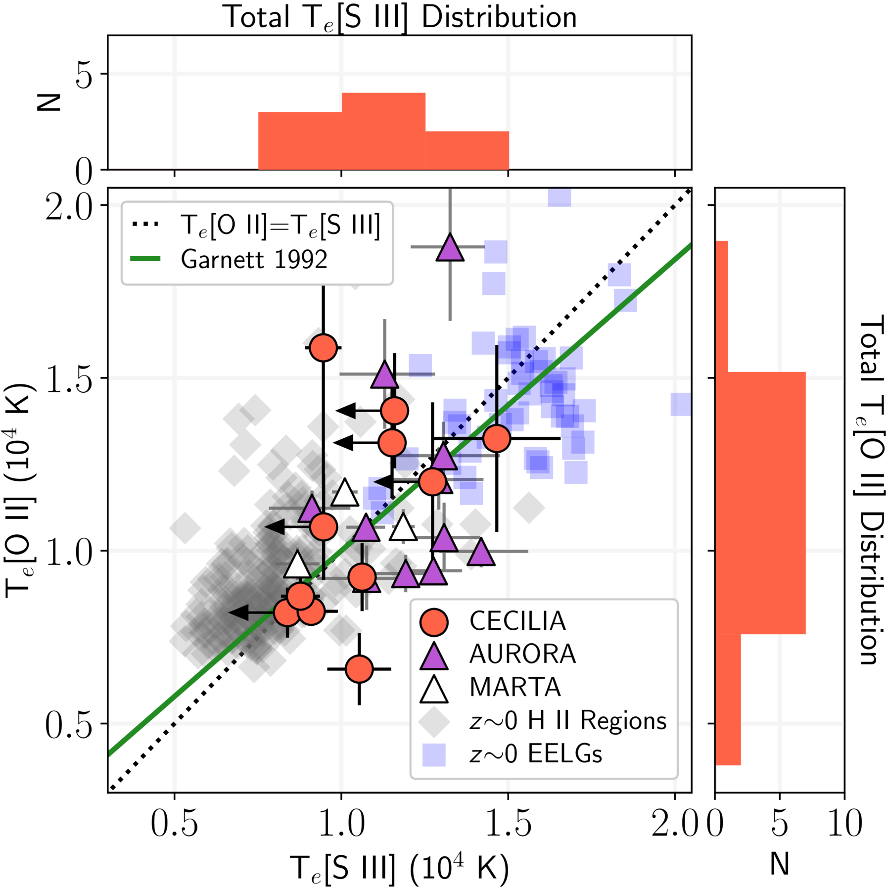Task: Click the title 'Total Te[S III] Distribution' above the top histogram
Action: pyautogui.click(x=401, y=17)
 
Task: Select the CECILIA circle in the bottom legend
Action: pyautogui.click(x=434, y=621)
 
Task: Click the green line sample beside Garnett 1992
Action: pyautogui.click(x=145, y=259)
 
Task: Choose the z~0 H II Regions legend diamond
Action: pyautogui.click(x=434, y=721)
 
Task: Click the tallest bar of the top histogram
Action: pyautogui.click(x=383, y=131)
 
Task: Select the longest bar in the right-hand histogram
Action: pyautogui.click(x=760, y=503)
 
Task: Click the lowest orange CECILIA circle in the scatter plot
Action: pyautogui.click(x=359, y=669)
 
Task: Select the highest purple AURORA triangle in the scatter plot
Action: pyautogui.click(x=450, y=247)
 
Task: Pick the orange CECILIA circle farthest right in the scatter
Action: pyautogui.click(x=497, y=438)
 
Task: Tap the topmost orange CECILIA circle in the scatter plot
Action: pyautogui.click(x=324, y=348)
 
